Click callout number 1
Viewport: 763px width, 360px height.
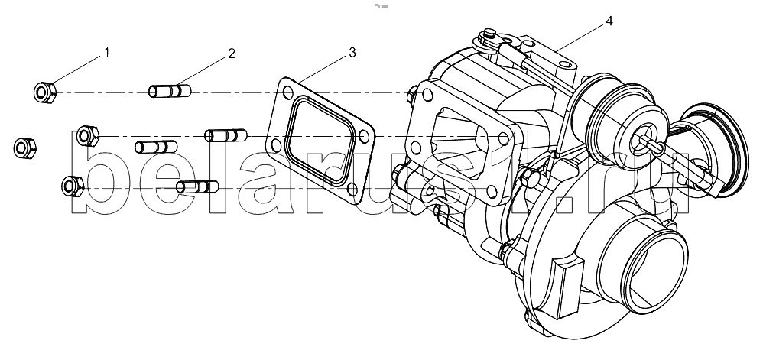tap(106, 53)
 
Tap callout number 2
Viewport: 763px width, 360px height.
tap(232, 53)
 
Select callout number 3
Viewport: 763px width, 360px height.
tap(352, 53)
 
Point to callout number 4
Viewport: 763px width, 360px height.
tap(609, 21)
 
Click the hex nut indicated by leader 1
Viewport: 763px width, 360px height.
tap(45, 92)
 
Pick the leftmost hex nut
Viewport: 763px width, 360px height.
tap(24, 148)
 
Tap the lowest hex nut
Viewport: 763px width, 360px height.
tap(73, 186)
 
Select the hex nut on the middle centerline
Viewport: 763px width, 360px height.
tap(88, 136)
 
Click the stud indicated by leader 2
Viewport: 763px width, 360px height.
tap(169, 91)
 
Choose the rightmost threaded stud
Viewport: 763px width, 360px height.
tap(226, 135)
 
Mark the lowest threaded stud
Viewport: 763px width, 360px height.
tap(197, 186)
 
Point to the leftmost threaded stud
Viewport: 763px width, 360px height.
tap(156, 147)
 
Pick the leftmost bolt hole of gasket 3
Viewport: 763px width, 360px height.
tap(275, 144)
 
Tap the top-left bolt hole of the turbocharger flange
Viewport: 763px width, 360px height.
tap(427, 96)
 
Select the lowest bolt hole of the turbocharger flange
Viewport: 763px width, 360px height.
tap(492, 191)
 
